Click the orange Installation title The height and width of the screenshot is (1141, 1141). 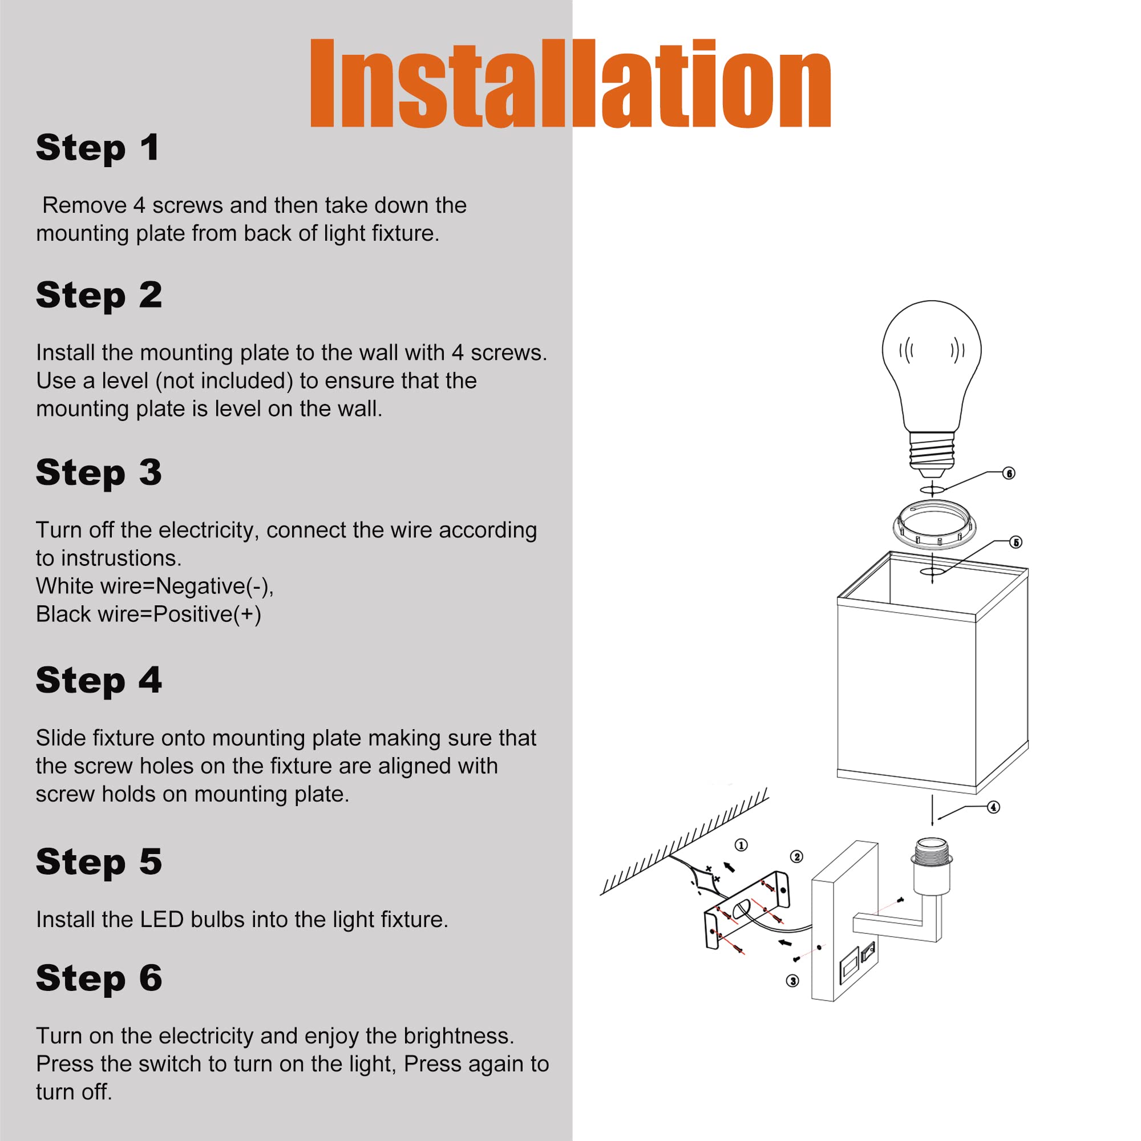[570, 83]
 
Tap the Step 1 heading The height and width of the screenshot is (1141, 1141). [98, 148]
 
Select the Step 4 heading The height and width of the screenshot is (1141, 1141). [99, 681]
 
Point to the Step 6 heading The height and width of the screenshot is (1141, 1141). [99, 978]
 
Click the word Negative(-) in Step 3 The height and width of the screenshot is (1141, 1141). [215, 586]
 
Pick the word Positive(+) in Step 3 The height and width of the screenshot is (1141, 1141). [207, 614]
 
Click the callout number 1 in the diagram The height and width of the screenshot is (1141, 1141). [741, 845]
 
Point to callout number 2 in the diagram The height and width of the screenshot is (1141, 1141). [796, 856]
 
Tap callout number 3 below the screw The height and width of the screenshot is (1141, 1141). [792, 981]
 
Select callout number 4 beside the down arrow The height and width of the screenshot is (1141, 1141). [994, 807]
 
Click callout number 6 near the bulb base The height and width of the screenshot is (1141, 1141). [1009, 473]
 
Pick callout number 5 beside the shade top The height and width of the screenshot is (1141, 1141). [1016, 542]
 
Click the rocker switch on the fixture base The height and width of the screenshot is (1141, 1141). [868, 952]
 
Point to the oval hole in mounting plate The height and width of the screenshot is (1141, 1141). [742, 910]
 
